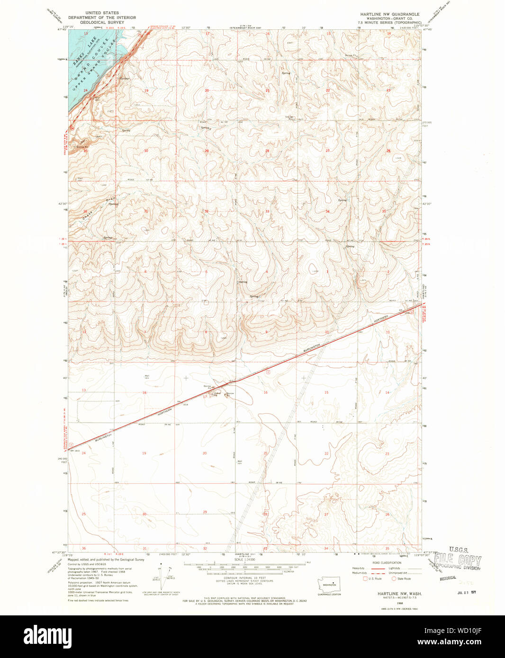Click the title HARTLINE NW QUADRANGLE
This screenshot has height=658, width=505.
tap(389, 14)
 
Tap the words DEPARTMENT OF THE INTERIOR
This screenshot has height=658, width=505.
tap(102, 18)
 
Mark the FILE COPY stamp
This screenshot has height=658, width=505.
tap(458, 561)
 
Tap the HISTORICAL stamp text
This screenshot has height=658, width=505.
tap(448, 578)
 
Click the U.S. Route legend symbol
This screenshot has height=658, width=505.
tap(365, 578)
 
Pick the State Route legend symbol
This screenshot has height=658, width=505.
tap(394, 578)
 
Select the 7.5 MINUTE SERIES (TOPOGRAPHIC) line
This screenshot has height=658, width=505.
tap(389, 22)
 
